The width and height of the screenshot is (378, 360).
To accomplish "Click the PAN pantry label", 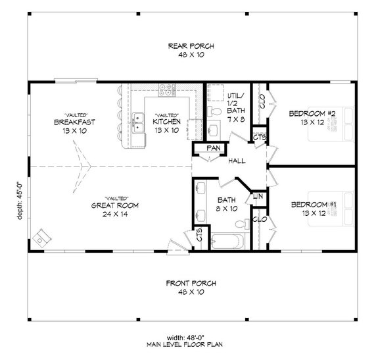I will (213, 148).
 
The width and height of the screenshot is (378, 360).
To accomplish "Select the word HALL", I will (237, 161).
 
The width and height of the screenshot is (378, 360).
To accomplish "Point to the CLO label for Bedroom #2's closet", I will (261, 102).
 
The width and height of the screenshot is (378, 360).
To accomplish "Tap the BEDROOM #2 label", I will (313, 114).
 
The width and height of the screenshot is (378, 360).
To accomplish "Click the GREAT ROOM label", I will (114, 204).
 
